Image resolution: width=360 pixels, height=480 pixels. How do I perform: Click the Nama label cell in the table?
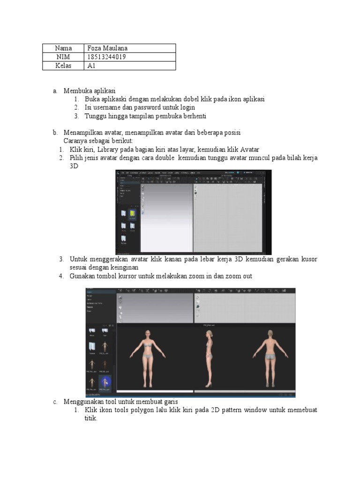63,48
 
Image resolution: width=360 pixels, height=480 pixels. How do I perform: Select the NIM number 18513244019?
106,57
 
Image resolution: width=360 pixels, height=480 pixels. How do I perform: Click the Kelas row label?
63,66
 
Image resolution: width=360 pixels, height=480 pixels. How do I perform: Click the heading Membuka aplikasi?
90,91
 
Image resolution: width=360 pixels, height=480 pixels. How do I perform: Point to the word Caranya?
75,141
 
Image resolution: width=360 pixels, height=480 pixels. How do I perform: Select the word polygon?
138,410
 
